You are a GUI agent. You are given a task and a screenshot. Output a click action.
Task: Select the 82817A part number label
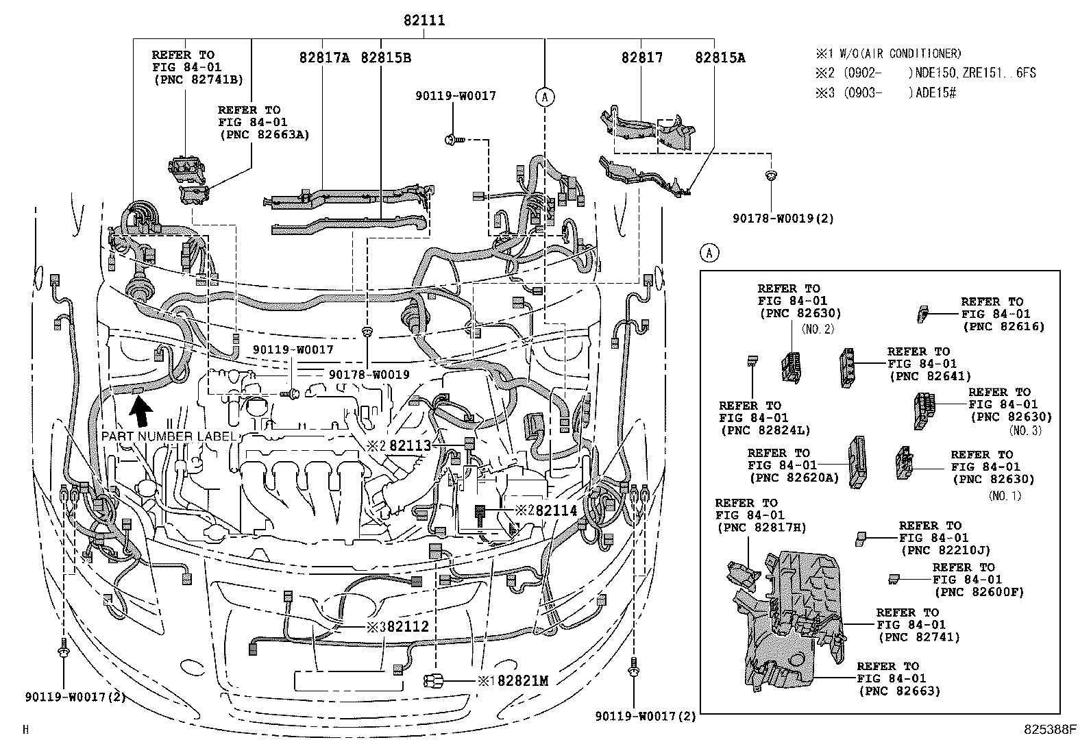[x=324, y=58]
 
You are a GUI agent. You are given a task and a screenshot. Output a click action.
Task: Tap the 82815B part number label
[x=386, y=58]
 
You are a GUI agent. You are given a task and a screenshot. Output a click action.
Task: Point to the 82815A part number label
[x=720, y=58]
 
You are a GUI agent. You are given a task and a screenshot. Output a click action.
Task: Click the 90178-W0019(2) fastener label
[x=783, y=219]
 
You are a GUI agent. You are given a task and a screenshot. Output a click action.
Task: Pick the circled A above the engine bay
[x=545, y=97]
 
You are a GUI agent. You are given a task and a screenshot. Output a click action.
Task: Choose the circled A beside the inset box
[x=710, y=254]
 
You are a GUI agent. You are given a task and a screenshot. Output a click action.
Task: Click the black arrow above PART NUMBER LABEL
[x=142, y=413]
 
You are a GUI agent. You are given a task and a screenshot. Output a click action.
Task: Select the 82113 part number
[x=410, y=445]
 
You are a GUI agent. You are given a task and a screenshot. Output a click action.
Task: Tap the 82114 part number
[x=556, y=510]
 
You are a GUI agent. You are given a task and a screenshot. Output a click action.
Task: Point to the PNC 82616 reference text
[x=1004, y=326]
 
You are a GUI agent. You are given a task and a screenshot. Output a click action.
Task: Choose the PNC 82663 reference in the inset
[x=899, y=691]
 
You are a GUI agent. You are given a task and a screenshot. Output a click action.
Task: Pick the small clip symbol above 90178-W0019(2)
[x=770, y=176]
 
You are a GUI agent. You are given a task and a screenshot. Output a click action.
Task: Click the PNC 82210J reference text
[x=946, y=550]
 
